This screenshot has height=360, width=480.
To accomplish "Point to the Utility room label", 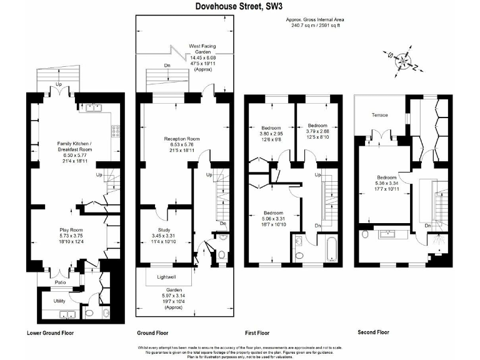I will point(59,301).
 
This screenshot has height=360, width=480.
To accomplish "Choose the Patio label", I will point(60,282).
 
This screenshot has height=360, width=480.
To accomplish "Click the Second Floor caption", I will point(373,332).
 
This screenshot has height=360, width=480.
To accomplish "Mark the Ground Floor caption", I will point(152,333).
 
